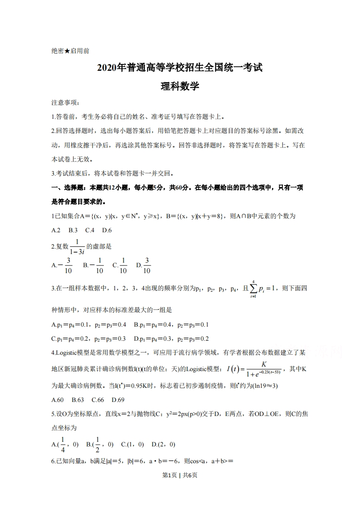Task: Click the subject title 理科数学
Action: click(x=180, y=86)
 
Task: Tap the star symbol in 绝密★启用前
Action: click(x=67, y=51)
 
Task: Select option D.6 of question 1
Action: click(x=107, y=230)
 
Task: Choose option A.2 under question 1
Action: click(x=56, y=230)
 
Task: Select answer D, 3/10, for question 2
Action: click(x=144, y=265)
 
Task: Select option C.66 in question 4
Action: click(x=98, y=400)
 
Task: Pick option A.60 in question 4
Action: click(x=58, y=400)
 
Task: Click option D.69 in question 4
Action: click(x=118, y=400)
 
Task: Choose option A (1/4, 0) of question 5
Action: click(x=65, y=445)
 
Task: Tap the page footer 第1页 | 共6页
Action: click(x=180, y=475)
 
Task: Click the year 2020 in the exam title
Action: click(x=107, y=68)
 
